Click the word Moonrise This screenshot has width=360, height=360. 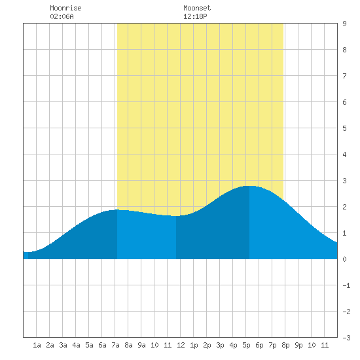[x=65, y=8]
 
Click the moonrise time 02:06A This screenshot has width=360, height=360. [x=62, y=16]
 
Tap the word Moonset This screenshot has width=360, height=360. [x=197, y=8]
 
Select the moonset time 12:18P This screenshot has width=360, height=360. [x=195, y=16]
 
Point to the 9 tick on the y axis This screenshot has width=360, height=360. [x=344, y=24]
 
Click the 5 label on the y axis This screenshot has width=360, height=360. [x=344, y=128]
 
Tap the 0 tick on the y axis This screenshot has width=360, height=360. [x=344, y=259]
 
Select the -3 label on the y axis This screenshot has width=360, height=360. [x=346, y=338]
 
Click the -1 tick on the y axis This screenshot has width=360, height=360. [x=346, y=285]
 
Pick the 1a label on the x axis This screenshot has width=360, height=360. [x=37, y=345]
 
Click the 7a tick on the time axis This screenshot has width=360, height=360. [x=115, y=345]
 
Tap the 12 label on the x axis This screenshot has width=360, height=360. [x=181, y=345]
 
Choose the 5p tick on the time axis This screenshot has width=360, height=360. [x=246, y=345]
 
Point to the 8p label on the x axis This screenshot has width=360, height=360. [x=285, y=345]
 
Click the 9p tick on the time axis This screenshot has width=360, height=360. [x=298, y=345]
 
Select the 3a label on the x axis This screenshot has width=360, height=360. [x=63, y=345]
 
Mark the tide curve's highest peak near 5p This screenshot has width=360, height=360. [x=249, y=186]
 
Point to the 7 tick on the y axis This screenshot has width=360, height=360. [x=344, y=76]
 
